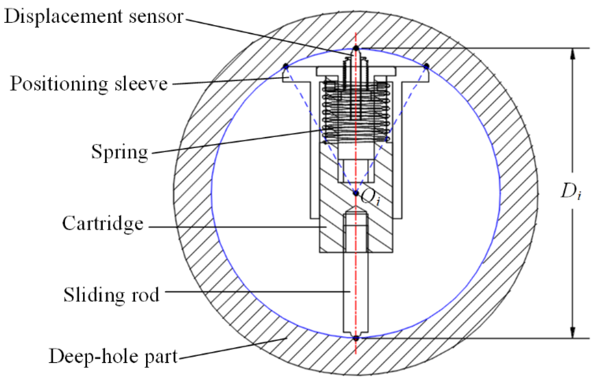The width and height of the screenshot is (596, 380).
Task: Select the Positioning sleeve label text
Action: (89, 84)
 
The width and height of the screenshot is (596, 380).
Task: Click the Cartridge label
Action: (103, 223)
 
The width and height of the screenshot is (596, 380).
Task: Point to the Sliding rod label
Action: (111, 294)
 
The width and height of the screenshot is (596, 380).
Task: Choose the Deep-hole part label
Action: (113, 356)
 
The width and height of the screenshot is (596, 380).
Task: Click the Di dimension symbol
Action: (571, 191)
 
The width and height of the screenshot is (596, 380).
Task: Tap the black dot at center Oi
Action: (356, 193)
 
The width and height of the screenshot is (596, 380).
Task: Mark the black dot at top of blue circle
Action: (356, 48)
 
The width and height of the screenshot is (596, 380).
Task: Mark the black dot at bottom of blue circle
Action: (356, 338)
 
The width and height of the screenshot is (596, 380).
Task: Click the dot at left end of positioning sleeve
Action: (286, 66)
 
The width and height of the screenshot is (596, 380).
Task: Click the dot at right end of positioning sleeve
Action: (426, 67)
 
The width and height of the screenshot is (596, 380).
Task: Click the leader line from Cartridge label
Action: (237, 227)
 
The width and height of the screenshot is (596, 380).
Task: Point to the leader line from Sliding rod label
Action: (257, 292)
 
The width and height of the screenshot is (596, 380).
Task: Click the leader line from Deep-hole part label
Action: (231, 349)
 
